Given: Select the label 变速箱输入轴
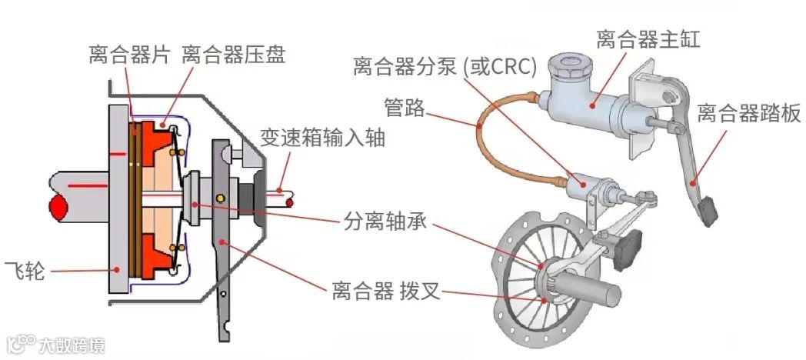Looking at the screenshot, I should coord(322,138).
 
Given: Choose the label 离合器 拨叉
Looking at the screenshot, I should coord(375,292).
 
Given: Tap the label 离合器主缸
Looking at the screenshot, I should coord(648,40).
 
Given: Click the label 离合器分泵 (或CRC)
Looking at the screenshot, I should coord(445,67).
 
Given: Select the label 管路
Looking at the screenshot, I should coord(404,107).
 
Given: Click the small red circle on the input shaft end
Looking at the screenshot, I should coord(290,203).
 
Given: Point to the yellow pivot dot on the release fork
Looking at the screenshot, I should coord(221,198).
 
